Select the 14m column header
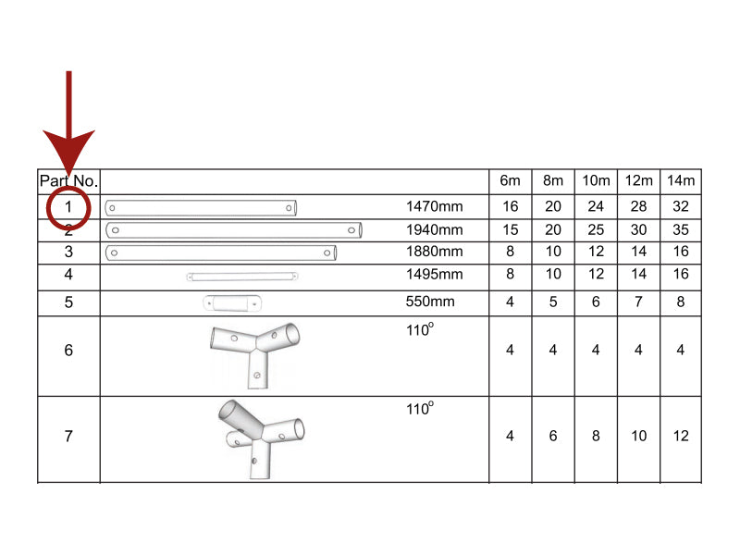pos(681,181)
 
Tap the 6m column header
pos(510,181)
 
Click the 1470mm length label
pos(434,207)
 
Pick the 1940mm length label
pos(434,230)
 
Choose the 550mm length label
pos(430,302)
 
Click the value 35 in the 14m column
pos(681,230)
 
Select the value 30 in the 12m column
pos(638,230)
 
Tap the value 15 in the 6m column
pos(510,230)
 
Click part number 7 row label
pos(68,437)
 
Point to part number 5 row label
pos(68,302)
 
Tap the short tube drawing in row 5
pos(232,302)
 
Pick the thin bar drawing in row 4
pos(242,276)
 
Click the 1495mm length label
pos(434,275)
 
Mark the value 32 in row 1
pos(681,207)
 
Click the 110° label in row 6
pos(420,329)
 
